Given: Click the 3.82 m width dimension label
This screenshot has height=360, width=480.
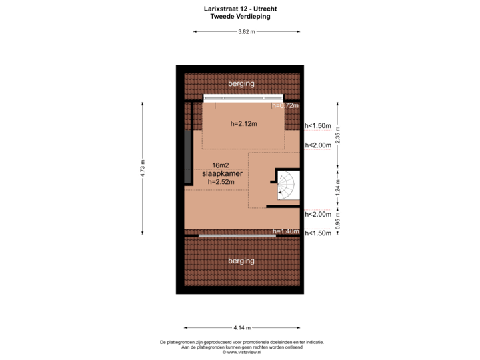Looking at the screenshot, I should (246, 31).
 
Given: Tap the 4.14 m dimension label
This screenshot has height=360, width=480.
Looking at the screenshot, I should (241, 327).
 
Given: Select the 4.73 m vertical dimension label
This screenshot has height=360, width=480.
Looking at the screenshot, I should (142, 168).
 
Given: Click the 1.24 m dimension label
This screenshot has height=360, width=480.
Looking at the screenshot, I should (337, 184).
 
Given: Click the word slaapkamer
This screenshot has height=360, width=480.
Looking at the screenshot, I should (222, 173).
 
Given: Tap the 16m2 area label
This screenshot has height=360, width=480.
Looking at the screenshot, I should (221, 165).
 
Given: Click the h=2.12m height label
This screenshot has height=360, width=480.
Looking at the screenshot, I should (243, 123).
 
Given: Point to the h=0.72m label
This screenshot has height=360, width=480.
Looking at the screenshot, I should (285, 105).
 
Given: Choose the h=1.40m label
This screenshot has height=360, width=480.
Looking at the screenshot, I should (285, 231).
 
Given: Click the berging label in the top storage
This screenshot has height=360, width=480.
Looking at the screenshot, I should (241, 83).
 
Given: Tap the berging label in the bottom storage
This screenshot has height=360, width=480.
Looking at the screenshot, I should (241, 261).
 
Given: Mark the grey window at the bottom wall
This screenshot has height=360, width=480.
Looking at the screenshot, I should (235, 235).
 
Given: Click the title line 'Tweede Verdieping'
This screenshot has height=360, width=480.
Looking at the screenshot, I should (241, 17).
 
